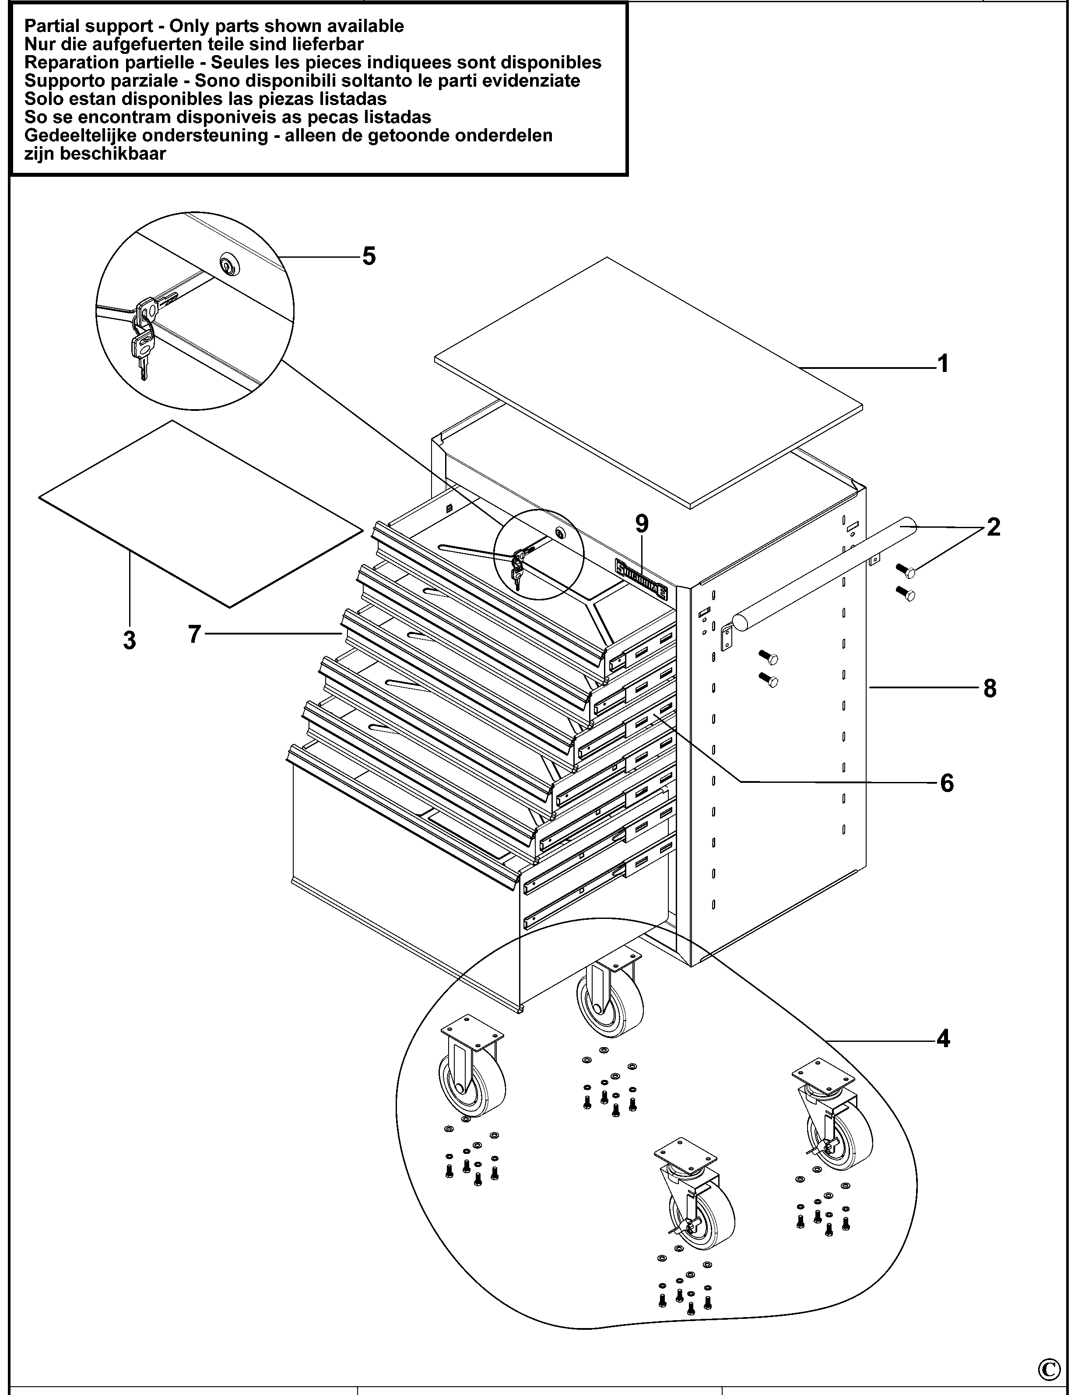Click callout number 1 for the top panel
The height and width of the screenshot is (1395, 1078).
pos(942,364)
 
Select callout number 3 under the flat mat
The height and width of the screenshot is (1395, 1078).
pos(130,639)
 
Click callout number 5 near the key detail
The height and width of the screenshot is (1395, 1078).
pos(369,256)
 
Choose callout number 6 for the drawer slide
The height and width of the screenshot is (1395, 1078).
pos(946,782)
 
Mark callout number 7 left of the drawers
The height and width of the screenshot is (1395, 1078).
pos(195,634)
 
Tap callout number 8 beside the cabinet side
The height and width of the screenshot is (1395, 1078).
pos(989,689)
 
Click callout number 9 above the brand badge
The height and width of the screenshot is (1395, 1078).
pos(642,524)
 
